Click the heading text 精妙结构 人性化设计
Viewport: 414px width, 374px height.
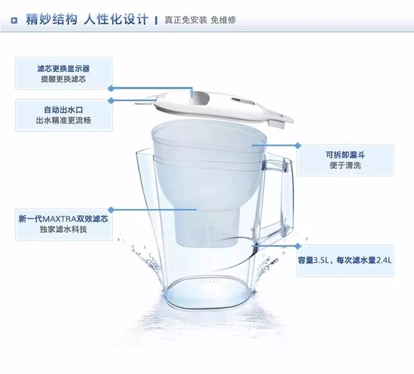(87, 19)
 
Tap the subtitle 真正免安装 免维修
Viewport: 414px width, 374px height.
(200, 20)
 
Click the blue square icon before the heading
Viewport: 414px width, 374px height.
(14, 20)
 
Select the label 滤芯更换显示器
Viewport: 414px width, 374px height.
(63, 68)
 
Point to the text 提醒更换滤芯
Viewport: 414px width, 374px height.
(63, 79)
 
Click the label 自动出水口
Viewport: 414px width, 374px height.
(63, 110)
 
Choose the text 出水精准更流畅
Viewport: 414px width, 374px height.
(63, 120)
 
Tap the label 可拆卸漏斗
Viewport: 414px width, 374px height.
(346, 155)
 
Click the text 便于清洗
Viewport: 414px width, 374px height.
(346, 165)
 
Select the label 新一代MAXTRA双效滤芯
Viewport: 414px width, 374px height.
(63, 219)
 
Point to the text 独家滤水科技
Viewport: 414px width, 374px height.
(63, 229)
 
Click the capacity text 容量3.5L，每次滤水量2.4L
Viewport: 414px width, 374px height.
(345, 260)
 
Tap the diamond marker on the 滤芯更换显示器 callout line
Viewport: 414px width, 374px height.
(111, 88)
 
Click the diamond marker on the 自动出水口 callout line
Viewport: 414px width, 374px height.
(111, 100)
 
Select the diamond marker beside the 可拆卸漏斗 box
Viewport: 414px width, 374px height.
(298, 145)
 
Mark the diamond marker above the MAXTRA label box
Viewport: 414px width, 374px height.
(111, 210)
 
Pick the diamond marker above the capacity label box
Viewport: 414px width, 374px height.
(298, 246)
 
